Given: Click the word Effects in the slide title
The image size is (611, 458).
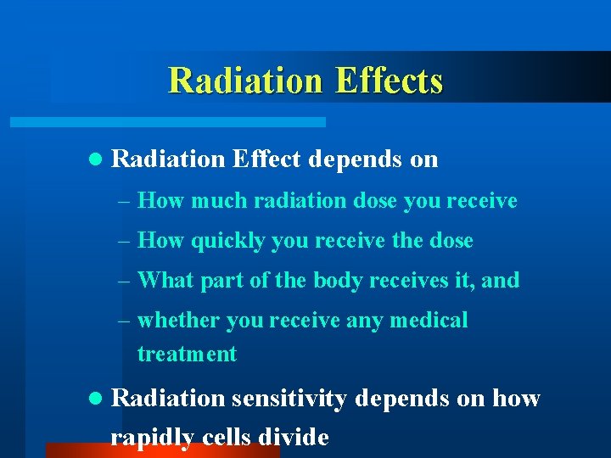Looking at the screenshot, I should click(x=389, y=81).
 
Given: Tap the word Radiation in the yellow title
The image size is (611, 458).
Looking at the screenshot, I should click(x=245, y=81).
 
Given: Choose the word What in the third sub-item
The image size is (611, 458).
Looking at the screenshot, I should click(x=165, y=280).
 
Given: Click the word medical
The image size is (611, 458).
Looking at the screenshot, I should click(x=428, y=321).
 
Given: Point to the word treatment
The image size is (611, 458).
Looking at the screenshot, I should click(x=187, y=354).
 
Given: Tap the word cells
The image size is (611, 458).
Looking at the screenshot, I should click(x=228, y=438).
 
